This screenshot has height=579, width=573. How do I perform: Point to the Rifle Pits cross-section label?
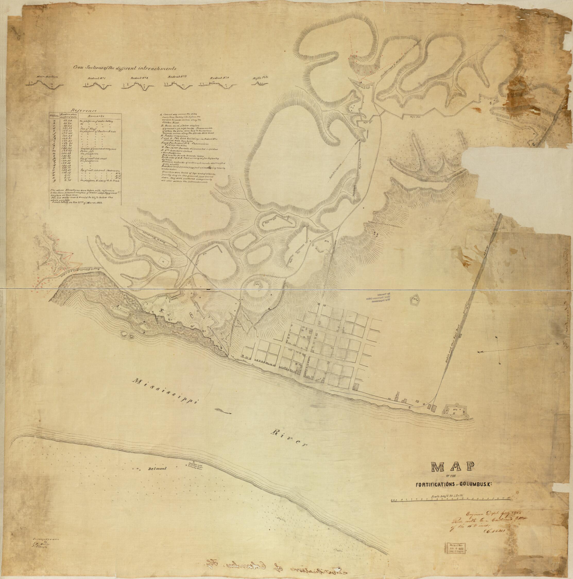[260, 77]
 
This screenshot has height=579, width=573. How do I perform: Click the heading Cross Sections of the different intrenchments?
[125, 68]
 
